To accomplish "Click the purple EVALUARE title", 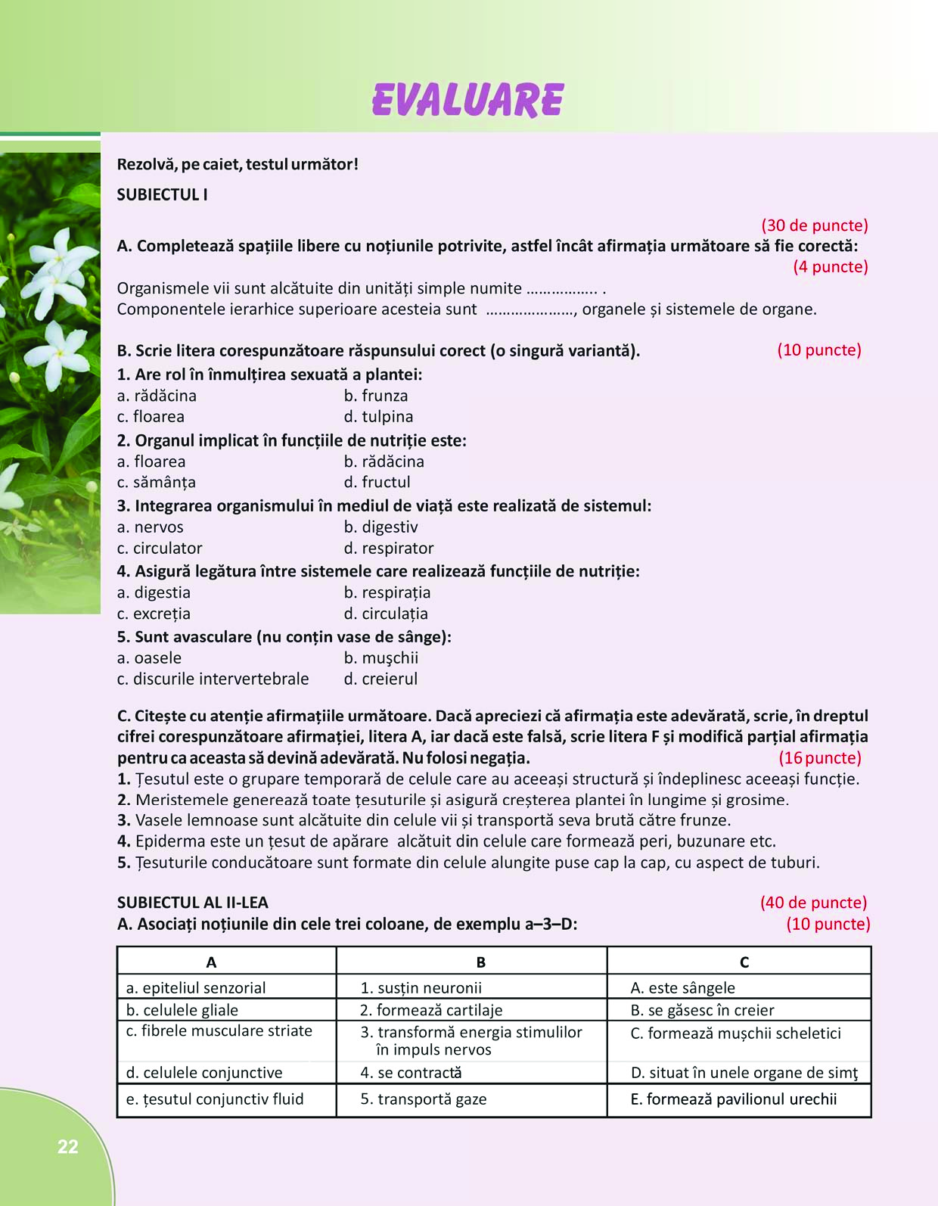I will [x=467, y=100].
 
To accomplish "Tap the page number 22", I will [x=68, y=1147].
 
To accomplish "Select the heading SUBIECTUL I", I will [x=162, y=194].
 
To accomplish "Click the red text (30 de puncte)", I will [x=814, y=225].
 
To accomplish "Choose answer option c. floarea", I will [x=151, y=416].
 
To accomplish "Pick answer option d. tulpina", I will [x=378, y=416].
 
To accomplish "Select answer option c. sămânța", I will [x=156, y=482].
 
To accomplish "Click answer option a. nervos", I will [x=150, y=527].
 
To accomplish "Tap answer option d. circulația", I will [x=386, y=614].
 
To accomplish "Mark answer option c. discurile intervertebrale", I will [x=213, y=679].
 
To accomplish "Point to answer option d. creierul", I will [x=380, y=679].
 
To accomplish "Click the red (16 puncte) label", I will [x=820, y=757].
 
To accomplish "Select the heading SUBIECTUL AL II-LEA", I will [x=192, y=903].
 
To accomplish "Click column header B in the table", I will [x=480, y=962].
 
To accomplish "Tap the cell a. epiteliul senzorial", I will [x=196, y=987].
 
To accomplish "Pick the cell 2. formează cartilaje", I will [x=431, y=1010].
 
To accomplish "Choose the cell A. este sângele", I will [x=682, y=987].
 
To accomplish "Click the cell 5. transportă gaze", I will [x=424, y=1099].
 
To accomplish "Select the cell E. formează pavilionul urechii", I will [x=734, y=1099].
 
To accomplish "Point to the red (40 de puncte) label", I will [x=813, y=903].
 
